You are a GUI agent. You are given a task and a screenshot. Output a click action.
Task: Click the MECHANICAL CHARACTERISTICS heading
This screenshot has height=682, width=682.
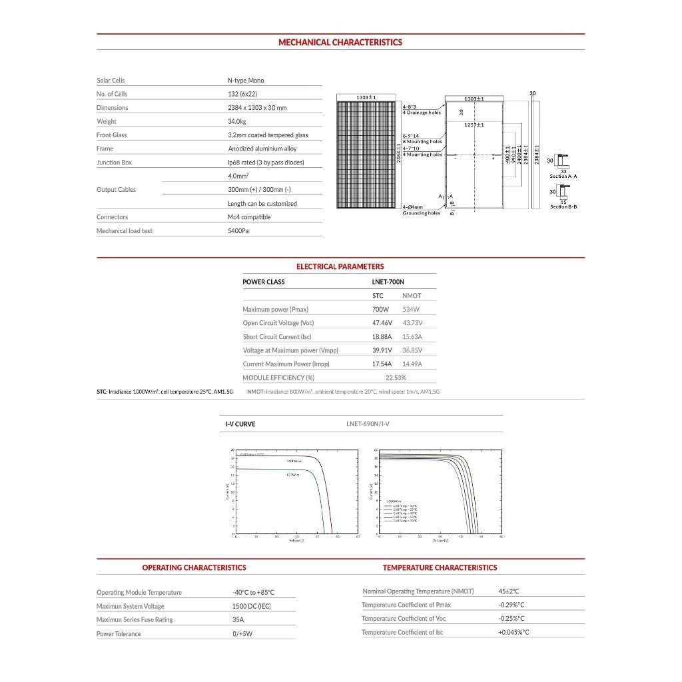click(340, 42)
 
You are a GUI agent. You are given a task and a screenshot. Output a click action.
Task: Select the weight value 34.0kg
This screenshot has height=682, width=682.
click(237, 121)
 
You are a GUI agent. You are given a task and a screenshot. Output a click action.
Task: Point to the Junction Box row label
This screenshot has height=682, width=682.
click(114, 163)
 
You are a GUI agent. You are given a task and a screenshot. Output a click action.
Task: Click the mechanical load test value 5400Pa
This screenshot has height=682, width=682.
click(238, 231)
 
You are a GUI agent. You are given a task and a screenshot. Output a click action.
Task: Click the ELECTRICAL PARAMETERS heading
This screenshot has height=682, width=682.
click(340, 266)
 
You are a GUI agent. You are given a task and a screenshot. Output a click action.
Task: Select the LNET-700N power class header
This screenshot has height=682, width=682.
click(388, 282)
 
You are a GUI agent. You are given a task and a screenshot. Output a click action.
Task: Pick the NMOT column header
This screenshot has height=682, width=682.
click(412, 296)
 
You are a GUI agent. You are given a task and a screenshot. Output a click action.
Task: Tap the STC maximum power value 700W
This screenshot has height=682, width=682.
click(380, 309)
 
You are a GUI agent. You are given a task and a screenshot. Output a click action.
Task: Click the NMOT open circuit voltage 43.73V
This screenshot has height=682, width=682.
click(412, 323)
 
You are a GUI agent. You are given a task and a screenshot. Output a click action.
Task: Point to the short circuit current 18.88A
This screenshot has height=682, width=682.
click(382, 337)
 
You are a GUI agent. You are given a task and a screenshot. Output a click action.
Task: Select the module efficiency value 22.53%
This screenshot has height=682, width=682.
click(396, 378)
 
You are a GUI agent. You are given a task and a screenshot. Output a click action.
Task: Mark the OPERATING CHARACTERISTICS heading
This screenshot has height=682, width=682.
click(194, 567)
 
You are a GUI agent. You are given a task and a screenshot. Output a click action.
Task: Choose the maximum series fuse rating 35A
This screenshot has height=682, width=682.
click(238, 620)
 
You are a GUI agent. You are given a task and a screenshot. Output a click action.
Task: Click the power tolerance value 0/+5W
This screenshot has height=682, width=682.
click(243, 634)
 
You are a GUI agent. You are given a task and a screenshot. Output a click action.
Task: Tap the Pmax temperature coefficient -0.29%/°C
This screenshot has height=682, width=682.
click(511, 605)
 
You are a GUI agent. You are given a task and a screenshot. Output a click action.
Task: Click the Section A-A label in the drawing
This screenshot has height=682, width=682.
click(563, 176)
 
